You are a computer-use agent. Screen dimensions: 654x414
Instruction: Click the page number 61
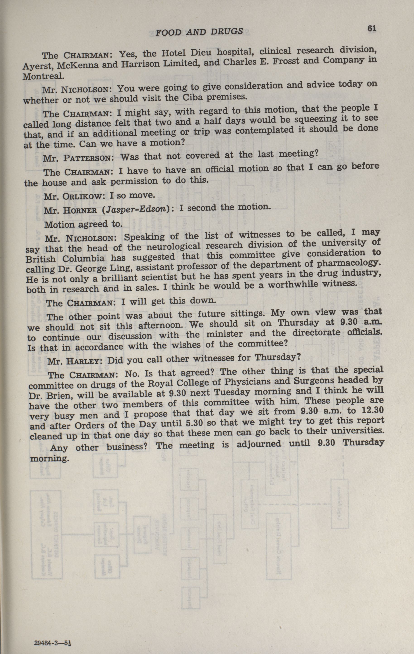371,29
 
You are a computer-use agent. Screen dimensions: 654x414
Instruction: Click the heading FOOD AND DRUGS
199,32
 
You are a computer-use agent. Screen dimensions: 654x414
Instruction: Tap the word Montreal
43,76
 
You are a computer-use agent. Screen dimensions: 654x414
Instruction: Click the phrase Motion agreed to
83,225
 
